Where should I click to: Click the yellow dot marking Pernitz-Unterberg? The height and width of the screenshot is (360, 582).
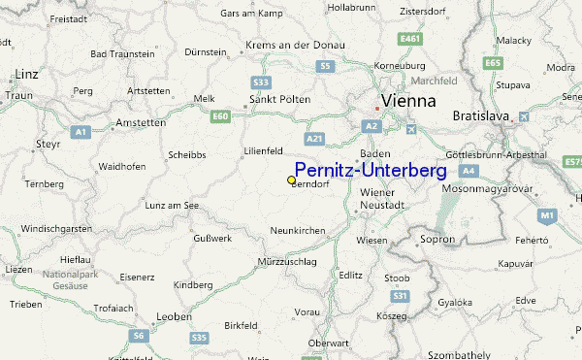pos(292,180)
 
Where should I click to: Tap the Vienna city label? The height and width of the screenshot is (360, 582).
pos(408,101)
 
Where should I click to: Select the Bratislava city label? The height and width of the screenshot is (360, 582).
pos(482,117)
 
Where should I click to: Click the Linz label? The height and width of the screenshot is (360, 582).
pos(26,74)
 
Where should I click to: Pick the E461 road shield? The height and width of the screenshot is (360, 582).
pos(410,39)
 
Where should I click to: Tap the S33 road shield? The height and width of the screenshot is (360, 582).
pos(260,83)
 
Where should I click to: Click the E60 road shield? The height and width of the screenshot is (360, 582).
pos(221,116)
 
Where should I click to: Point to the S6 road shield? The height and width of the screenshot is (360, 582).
pos(140,337)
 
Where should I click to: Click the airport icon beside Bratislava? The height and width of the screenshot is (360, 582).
pos(526,117)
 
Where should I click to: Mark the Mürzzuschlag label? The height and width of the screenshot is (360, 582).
pos(289,264)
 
